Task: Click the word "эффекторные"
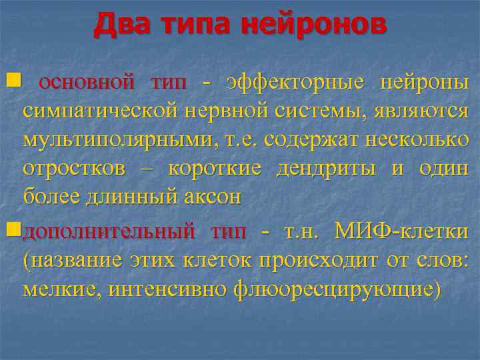tap(296, 83)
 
